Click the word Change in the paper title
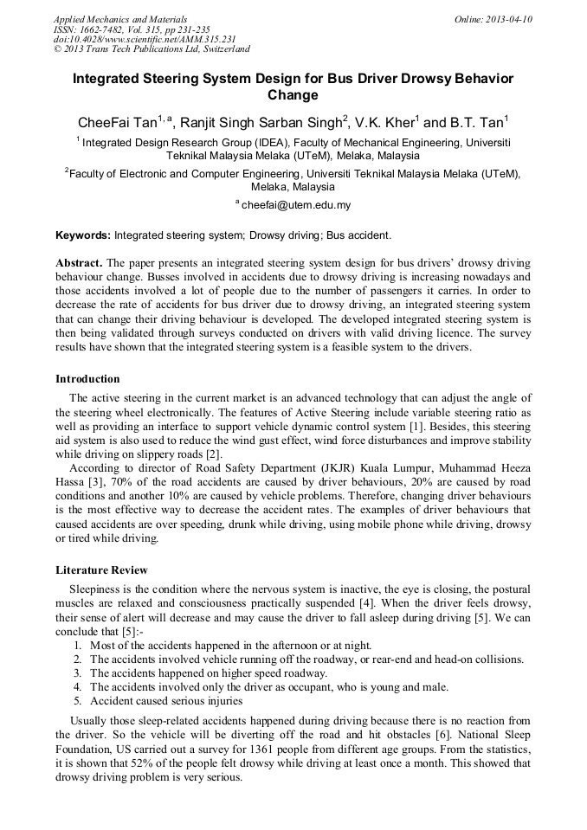coord(293,95)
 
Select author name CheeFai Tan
coord(117,122)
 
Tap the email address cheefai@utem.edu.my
coord(296,205)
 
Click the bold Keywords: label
coord(83,235)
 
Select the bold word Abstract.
coord(79,262)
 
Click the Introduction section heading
coord(87,379)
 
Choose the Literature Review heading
coord(101,570)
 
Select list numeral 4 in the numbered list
coord(78,687)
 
